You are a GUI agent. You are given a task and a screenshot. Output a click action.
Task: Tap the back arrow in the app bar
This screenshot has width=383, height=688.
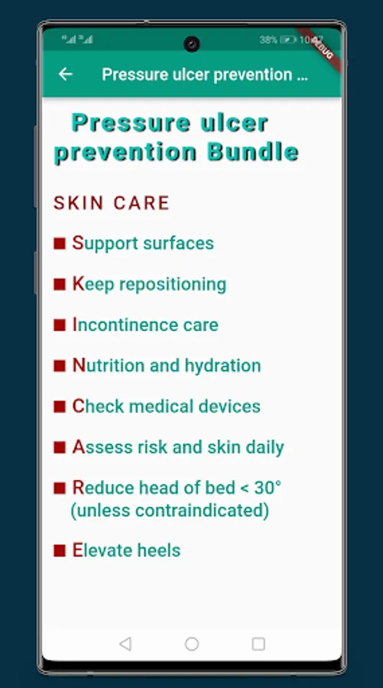point(66,74)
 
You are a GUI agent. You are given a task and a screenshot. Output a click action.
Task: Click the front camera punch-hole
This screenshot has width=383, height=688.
point(192,44)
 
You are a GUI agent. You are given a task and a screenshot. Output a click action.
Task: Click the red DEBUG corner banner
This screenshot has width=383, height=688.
point(320,49)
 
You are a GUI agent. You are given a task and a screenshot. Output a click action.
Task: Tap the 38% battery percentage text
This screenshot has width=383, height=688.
point(268,40)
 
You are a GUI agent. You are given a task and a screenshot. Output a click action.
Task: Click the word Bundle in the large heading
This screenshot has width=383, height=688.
point(253,152)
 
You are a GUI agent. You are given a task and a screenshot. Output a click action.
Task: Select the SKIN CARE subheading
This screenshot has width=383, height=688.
point(112,203)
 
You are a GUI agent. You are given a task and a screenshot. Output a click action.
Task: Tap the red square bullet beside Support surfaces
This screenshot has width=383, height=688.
point(60,243)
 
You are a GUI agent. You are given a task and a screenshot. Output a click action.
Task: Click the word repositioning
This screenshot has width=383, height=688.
point(173,285)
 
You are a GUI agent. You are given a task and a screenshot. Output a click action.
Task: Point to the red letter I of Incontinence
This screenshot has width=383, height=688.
point(75,325)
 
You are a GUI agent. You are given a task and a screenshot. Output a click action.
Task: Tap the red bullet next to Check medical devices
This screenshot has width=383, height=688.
point(60,407)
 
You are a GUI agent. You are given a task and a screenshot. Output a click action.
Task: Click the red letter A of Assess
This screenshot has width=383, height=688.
point(78,447)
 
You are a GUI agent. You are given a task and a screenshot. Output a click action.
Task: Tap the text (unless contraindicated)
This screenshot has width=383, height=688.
point(170,511)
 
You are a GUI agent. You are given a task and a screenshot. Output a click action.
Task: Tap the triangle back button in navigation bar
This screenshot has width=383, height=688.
point(125,644)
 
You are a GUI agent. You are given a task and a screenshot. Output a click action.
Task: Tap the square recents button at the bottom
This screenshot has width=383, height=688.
point(258,644)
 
